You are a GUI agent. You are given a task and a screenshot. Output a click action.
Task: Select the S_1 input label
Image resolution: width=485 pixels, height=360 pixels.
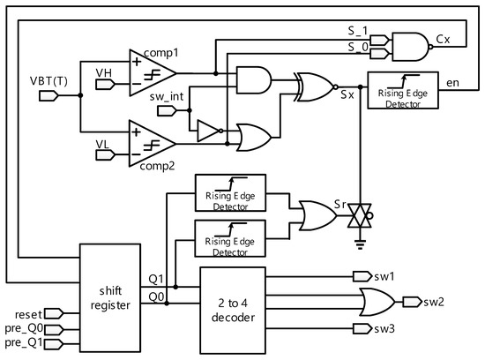(x=358, y=29)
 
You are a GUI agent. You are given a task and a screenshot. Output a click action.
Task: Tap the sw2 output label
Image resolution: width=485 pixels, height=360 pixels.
(x=434, y=302)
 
